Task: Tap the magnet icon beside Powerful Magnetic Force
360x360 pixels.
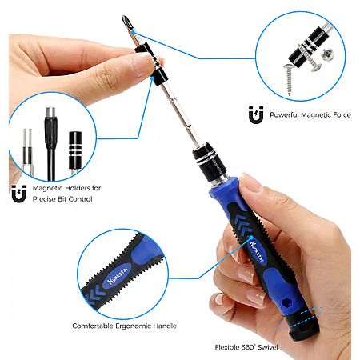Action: click(256, 115)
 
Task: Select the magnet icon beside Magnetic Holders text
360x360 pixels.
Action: click(19, 194)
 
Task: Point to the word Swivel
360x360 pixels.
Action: click(267, 347)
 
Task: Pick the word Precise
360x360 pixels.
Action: click(44, 199)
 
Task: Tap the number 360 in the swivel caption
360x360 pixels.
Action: click(247, 347)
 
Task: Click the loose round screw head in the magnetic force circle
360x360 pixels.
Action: click(327, 54)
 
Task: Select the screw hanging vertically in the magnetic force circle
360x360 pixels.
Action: click(288, 79)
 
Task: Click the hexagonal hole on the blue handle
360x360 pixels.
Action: click(287, 302)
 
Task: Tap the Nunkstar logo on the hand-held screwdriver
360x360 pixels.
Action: click(257, 251)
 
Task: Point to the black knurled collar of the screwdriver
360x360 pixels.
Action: click(210, 162)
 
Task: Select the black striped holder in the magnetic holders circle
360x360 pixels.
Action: click(75, 150)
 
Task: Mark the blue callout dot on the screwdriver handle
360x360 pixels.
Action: click(251, 238)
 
